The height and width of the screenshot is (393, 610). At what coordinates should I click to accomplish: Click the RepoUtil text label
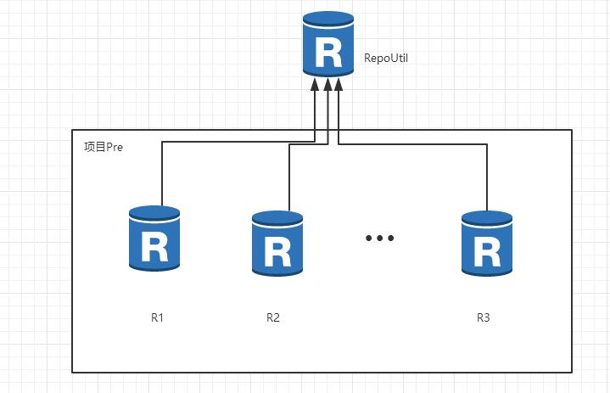coord(386,58)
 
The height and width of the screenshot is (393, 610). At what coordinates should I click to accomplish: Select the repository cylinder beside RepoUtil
coord(328,44)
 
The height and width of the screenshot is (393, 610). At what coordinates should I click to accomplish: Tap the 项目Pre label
coord(104,147)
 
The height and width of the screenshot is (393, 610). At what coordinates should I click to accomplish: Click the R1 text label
coord(157,318)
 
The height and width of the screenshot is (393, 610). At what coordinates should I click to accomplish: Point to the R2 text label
coord(273,318)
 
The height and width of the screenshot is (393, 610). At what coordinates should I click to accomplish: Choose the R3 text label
coord(484,318)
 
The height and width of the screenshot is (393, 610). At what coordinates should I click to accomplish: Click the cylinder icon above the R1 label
coord(154,239)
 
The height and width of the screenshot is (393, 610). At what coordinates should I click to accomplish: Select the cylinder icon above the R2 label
coord(277,244)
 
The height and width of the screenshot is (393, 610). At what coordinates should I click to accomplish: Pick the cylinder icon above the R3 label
coord(487,244)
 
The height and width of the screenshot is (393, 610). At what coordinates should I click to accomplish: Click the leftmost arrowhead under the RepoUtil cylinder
coord(315,84)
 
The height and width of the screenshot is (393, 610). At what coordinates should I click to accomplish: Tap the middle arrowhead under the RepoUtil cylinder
coord(328,84)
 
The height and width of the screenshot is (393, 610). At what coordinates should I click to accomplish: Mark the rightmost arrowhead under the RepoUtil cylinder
coord(339,84)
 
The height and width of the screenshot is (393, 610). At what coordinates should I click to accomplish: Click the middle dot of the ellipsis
coord(380,238)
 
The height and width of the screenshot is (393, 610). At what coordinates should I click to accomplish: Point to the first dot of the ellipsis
coord(369,238)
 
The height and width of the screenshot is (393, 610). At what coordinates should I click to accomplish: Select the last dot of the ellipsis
coord(390,238)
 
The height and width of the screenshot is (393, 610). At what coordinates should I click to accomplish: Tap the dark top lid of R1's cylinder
coord(154,213)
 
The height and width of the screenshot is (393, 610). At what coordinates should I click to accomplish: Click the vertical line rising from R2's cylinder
coord(289,177)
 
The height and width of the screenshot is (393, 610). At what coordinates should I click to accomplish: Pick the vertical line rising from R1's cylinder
coord(162,174)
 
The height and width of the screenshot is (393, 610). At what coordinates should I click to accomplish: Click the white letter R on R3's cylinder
coord(487,252)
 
